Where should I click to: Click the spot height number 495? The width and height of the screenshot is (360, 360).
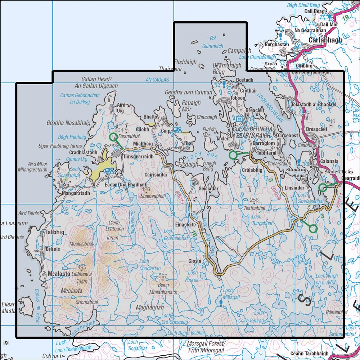[x=82, y=267]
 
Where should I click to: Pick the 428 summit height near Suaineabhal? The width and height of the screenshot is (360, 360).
[x=145, y=189]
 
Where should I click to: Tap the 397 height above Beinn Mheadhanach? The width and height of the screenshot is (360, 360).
[x=163, y=276]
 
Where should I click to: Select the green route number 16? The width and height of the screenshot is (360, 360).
[x=194, y=234]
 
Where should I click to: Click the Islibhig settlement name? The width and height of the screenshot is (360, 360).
[x=55, y=232]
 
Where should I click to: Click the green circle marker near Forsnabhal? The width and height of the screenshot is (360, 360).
[x=113, y=137]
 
